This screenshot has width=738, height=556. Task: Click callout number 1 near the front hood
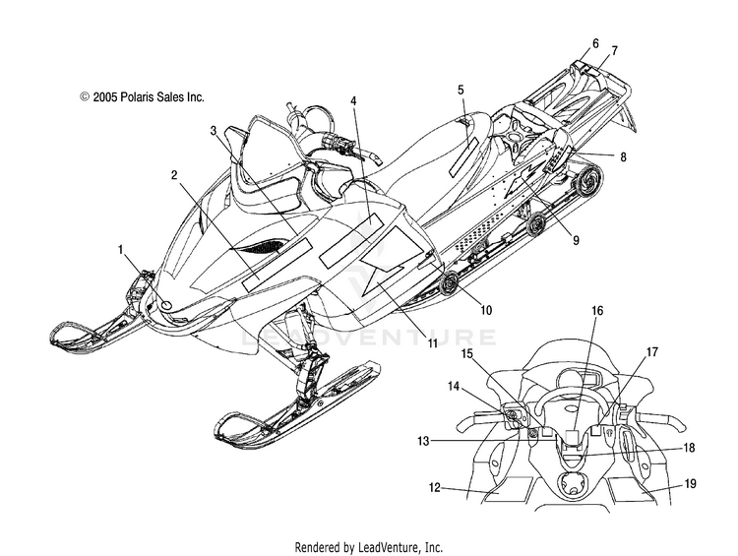tap(121, 249)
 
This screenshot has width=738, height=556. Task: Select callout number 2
tap(174, 175)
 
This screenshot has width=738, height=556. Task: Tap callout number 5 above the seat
tap(461, 90)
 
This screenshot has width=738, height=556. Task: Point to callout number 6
tap(595, 43)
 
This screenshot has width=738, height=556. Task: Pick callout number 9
tap(576, 240)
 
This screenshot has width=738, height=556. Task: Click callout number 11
tap(433, 343)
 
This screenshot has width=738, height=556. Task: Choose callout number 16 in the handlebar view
tap(597, 311)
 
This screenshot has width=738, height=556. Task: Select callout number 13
tap(423, 441)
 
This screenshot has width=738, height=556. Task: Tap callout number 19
tap(691, 483)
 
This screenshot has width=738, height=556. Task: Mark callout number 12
tap(434, 488)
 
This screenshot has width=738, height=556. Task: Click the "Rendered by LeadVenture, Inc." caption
tap(369, 547)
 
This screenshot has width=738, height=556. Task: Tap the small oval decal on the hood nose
tap(166, 305)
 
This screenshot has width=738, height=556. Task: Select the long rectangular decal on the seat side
tap(463, 157)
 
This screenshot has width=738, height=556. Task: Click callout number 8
tap(623, 156)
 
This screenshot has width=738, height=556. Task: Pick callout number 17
tap(651, 351)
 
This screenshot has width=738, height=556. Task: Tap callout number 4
tap(353, 100)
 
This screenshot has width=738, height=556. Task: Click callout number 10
tap(486, 310)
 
